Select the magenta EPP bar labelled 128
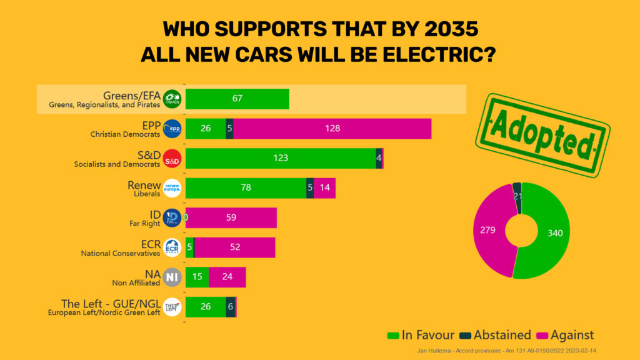(332, 129)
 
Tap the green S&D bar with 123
(281, 158)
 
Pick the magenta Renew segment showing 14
(324, 187)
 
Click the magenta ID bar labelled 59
(232, 217)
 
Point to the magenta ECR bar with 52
(234, 247)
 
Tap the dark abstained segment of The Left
(231, 306)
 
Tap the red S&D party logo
(172, 159)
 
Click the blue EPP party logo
(172, 129)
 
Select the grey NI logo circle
(172, 277)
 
